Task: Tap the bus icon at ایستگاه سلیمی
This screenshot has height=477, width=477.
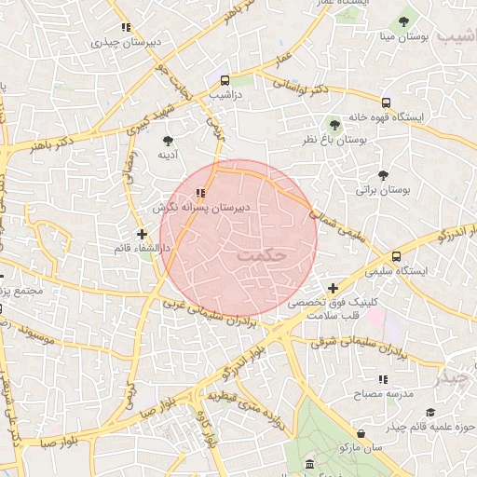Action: pos(397,255)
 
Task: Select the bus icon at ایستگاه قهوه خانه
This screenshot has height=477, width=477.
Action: pos(386,102)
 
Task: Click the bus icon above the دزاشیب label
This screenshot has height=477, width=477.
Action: pos(225,80)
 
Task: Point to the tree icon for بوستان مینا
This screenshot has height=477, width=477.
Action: pos(403,21)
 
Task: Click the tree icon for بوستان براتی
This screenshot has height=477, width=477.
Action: pos(383,174)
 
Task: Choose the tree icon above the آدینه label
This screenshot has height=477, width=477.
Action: pos(168,141)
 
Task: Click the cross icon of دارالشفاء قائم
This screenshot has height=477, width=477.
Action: pos(142,234)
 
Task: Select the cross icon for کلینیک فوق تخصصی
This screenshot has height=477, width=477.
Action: pos(333,288)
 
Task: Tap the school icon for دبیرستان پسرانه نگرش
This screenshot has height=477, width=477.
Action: pos(200,193)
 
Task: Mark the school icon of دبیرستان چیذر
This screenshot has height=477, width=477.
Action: pos(125,28)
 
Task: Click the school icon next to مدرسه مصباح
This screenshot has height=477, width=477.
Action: pos(383,379)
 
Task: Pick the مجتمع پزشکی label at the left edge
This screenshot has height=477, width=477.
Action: pos(20,292)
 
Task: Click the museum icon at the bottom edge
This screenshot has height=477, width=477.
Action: pos(309,464)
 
